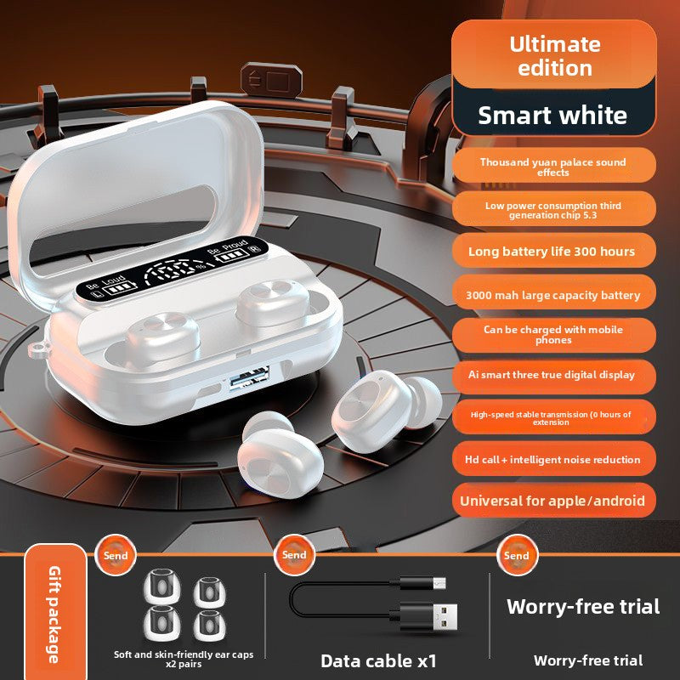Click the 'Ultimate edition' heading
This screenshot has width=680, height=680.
(x=555, y=56)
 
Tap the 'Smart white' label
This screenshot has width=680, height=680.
(x=552, y=116)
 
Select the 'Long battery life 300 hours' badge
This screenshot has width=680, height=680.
(x=554, y=251)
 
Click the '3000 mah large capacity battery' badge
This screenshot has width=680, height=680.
(x=554, y=295)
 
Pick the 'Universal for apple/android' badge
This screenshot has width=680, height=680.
(x=554, y=501)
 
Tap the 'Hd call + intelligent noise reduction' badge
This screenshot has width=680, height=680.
(x=554, y=459)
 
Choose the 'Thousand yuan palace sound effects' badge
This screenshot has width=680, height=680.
(x=554, y=167)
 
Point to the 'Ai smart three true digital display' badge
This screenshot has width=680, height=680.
(x=554, y=375)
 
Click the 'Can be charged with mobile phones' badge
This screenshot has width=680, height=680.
(x=554, y=334)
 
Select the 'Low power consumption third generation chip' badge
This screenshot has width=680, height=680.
(x=554, y=210)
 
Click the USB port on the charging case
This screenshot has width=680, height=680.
(x=249, y=377)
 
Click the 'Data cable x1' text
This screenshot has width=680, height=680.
(x=378, y=661)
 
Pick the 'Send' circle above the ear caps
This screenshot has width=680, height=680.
(x=116, y=555)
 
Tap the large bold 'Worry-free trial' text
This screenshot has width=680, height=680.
(x=583, y=606)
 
